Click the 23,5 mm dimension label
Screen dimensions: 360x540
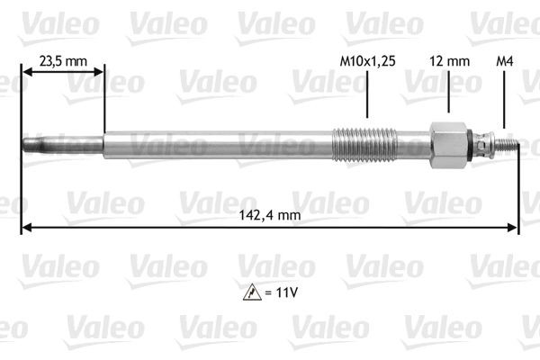[62, 61]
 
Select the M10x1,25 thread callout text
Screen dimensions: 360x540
[366, 61]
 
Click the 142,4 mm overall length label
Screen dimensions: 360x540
[270, 215]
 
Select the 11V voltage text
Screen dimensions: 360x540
[283, 292]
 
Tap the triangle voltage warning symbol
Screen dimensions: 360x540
[248, 292]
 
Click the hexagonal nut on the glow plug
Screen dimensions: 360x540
[447, 144]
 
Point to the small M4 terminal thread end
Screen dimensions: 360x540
[509, 144]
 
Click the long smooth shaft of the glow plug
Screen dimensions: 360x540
[216, 144]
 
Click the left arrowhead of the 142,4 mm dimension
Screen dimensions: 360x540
[25, 228]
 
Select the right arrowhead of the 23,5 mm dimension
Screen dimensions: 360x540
[99, 75]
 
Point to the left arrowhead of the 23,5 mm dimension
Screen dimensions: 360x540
[25, 75]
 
